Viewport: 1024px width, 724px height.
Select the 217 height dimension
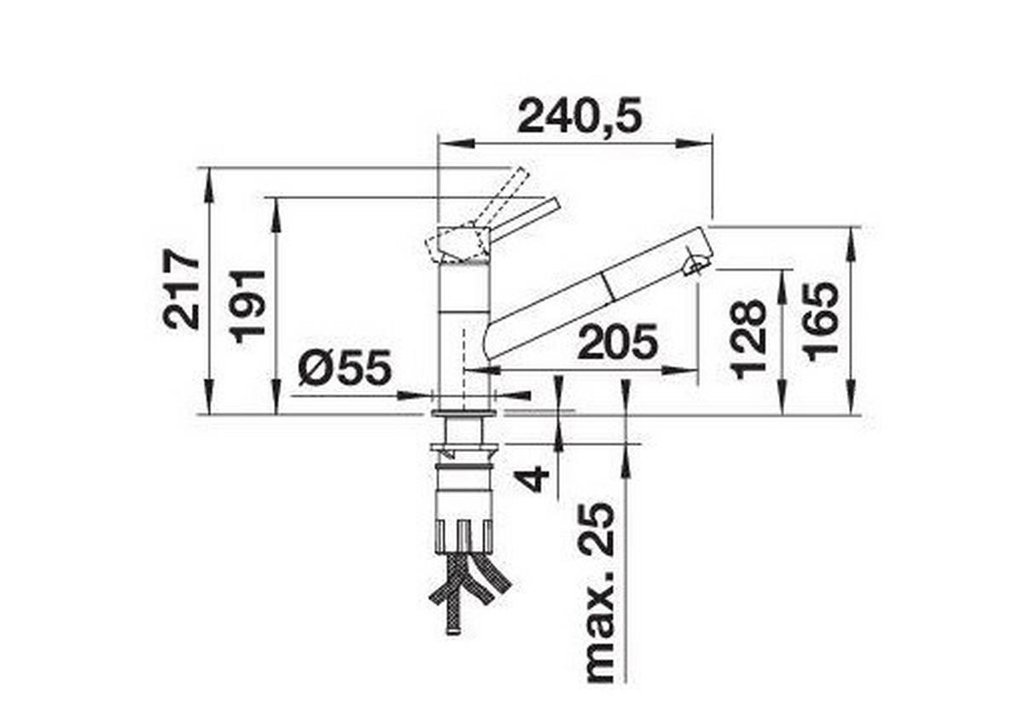point(183,289)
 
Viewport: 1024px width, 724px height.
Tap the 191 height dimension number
point(249,305)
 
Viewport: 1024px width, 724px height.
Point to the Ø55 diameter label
point(345,368)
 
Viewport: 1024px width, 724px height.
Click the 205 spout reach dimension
point(618,343)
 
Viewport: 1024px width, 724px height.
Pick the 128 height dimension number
point(748,338)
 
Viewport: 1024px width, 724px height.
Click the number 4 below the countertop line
point(534,476)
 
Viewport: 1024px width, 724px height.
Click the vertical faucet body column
point(464,333)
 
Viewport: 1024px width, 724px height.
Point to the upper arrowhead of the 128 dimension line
point(782,278)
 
